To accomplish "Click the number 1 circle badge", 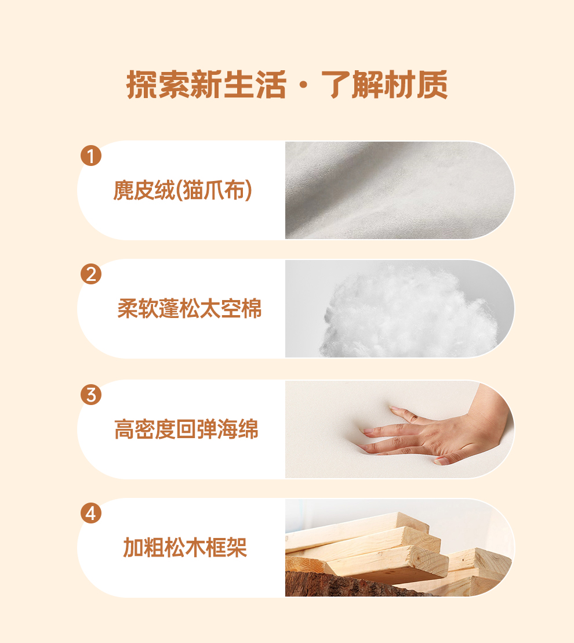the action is point(91,156).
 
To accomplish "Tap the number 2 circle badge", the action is point(91,274).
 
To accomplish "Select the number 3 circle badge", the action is point(91,395).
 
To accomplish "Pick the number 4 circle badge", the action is point(91,513).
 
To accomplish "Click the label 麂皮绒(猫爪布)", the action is point(183,190).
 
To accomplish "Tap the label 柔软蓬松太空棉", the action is point(189,308).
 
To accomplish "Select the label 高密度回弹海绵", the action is point(187,429).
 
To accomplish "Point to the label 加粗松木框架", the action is point(185,547).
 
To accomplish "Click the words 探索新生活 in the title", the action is point(206,85).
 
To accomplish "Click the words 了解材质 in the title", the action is point(384,85).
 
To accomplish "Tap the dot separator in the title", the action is point(304,85).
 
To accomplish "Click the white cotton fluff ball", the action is point(410,312).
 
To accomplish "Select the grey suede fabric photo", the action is point(399,190).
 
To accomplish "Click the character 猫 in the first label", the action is point(194,190).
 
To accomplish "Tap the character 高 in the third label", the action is point(125,429).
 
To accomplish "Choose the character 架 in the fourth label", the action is point(237,547).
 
